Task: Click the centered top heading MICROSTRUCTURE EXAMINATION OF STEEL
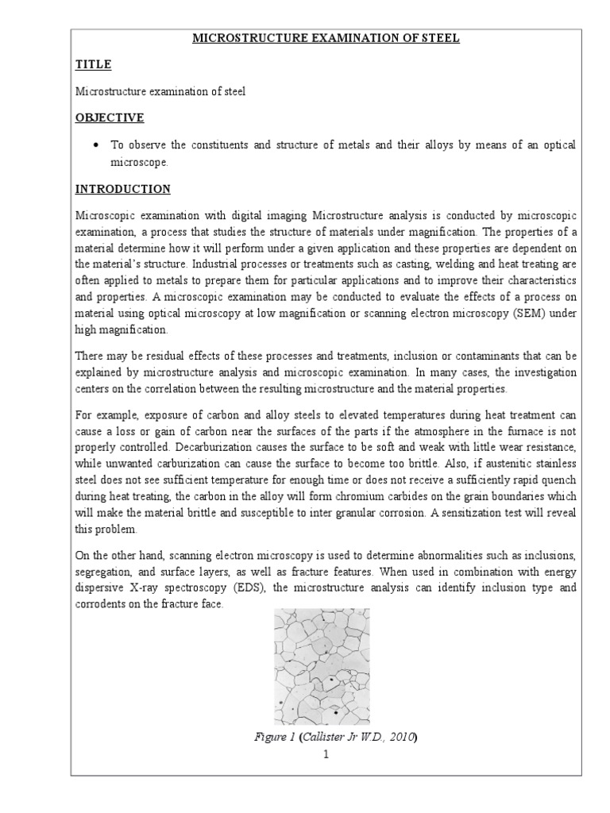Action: click(326, 38)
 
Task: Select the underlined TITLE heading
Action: click(93, 64)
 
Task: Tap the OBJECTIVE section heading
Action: click(110, 118)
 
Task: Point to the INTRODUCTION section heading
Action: click(122, 189)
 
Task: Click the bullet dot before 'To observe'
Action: click(95, 145)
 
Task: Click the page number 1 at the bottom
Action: click(326, 754)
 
